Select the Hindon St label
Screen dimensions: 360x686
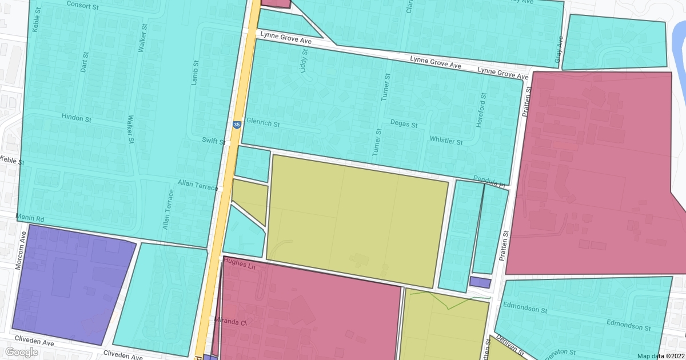pos(77,119)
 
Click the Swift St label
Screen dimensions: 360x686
pos(213,141)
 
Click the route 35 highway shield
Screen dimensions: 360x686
pos(237,125)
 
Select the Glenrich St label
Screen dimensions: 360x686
pos(262,123)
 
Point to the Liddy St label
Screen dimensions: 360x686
pos(304,60)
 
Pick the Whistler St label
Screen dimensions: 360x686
pos(446,141)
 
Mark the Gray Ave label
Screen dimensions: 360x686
pos(559,50)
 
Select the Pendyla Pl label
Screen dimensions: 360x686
pos(489,182)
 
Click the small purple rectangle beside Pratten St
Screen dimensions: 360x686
pos(480,282)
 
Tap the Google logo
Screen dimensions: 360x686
pos(21,352)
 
